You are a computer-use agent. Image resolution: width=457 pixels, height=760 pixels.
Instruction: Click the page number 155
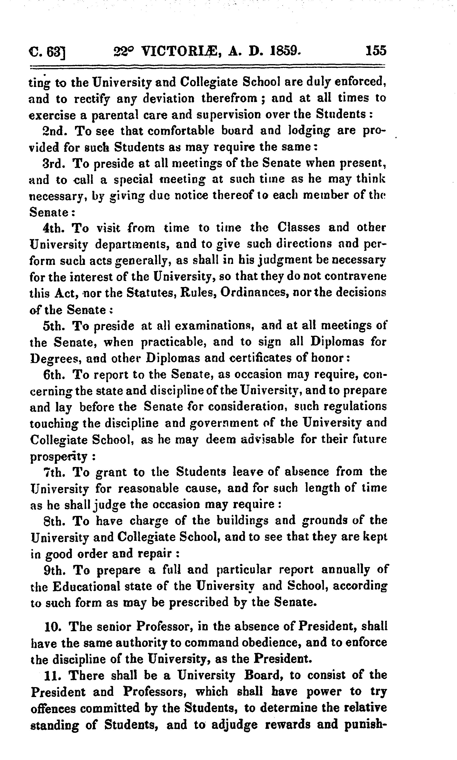[375, 50]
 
